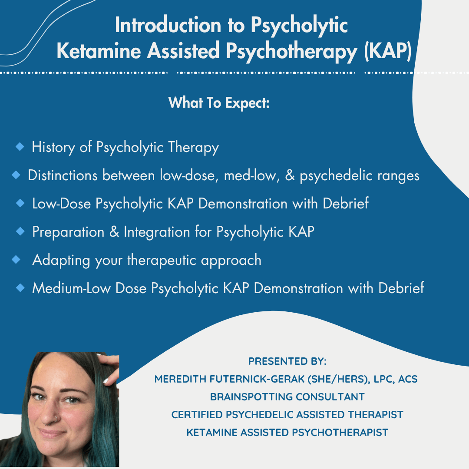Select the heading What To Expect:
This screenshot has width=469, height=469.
pyautogui.click(x=219, y=103)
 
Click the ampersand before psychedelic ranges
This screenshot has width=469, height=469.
pyautogui.click(x=290, y=175)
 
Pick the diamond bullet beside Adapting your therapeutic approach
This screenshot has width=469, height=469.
pyautogui.click(x=16, y=260)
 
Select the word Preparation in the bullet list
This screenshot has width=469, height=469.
pyautogui.click(x=68, y=232)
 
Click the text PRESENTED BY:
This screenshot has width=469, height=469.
pyautogui.click(x=287, y=361)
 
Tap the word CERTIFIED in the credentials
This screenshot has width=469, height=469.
pyautogui.click(x=197, y=415)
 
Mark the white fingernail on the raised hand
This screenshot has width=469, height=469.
pyautogui.click(x=106, y=380)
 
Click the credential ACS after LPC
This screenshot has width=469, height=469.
pyautogui.click(x=408, y=379)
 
